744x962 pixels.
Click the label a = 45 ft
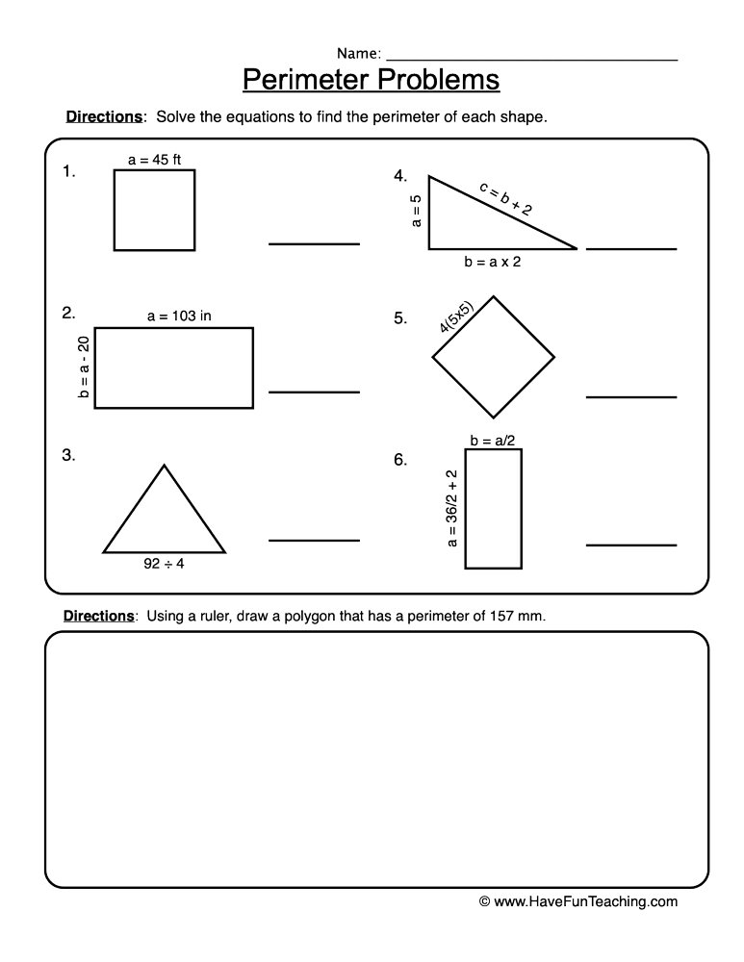click(154, 160)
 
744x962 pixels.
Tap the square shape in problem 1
click(154, 210)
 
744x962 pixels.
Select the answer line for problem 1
click(314, 243)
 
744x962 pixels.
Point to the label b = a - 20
click(84, 367)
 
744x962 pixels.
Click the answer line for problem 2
click(314, 392)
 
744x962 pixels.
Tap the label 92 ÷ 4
click(164, 565)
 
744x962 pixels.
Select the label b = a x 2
click(491, 262)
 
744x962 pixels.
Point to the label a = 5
click(417, 212)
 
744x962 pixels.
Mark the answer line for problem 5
click(631, 396)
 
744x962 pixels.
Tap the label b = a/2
click(492, 441)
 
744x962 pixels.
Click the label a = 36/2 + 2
click(451, 510)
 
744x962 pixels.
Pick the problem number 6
click(400, 460)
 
